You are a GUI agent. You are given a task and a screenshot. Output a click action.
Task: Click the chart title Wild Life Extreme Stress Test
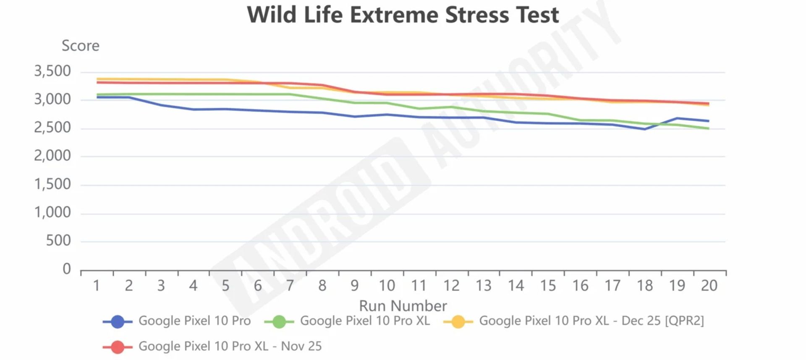(403, 15)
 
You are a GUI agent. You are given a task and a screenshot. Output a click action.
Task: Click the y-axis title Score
(81, 46)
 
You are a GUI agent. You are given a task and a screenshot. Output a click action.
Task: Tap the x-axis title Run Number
(403, 305)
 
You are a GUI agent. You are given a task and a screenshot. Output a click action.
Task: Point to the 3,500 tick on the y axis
(52, 71)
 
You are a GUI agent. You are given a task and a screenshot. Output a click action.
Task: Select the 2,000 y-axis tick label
(52, 156)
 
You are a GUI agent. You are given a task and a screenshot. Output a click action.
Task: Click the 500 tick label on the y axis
(58, 240)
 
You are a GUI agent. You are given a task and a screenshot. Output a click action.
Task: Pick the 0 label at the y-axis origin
(66, 269)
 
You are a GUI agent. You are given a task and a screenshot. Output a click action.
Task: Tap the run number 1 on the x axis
(97, 286)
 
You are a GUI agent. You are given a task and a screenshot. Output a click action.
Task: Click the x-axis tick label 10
(387, 286)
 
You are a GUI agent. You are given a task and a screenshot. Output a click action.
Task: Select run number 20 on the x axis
(709, 286)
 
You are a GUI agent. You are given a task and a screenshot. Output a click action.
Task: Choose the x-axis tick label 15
(548, 286)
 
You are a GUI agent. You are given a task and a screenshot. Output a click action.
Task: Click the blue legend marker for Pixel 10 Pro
(118, 322)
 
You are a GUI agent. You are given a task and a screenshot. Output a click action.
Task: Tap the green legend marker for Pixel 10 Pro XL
(279, 322)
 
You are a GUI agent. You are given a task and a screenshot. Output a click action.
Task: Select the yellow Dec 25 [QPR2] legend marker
(458, 322)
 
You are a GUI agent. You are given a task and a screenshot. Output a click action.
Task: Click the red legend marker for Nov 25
(118, 347)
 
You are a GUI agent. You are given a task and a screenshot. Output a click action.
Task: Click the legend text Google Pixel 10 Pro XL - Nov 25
(230, 346)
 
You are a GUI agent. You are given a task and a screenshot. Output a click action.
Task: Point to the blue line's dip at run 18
(645, 129)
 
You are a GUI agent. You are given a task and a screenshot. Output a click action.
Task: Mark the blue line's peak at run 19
(677, 118)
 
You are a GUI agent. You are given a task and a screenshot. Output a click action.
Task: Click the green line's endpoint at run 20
(709, 128)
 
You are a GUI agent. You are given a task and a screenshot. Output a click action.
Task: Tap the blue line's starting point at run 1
(97, 97)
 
